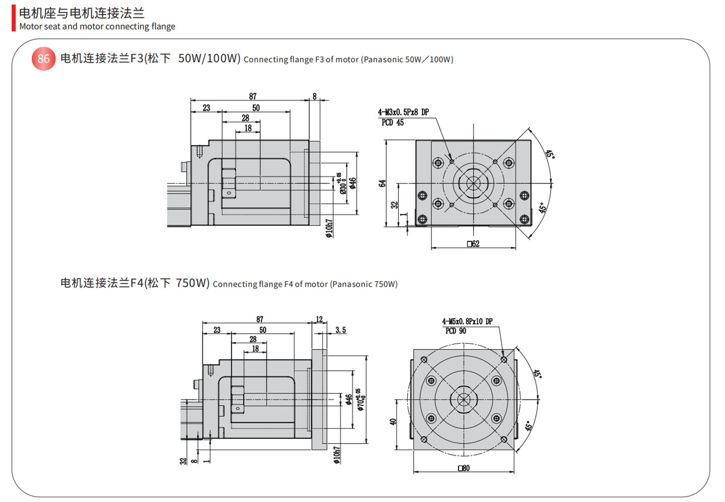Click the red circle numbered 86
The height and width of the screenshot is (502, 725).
pos(43,59)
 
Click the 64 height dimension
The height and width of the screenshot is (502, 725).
pos(382,184)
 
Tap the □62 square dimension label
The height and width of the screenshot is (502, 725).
pos(473,244)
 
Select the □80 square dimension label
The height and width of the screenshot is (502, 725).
pos(464,468)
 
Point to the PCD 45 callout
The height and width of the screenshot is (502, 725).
pos(392,122)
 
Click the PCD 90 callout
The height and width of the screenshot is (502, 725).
pos(456,331)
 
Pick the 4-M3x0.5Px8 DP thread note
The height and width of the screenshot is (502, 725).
pos(403,112)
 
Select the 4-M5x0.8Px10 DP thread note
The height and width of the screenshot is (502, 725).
pos(467,321)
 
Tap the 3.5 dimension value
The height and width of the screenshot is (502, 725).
pos(340,330)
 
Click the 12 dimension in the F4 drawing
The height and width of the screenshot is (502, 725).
pos(319,319)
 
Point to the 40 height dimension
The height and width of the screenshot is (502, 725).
pos(393,422)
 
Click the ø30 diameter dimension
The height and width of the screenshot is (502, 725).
pos(342,184)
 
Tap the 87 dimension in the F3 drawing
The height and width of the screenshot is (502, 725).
pos(252,96)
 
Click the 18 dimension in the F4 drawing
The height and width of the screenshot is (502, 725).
pos(255,349)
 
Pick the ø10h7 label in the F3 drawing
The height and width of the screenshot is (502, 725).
pos(329,228)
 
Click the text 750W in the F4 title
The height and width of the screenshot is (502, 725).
pos(192,283)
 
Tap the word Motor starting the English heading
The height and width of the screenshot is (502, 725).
pos(30,27)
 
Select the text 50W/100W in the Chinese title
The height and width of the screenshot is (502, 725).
pos(209,58)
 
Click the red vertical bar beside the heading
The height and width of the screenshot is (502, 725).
pos(14,19)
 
